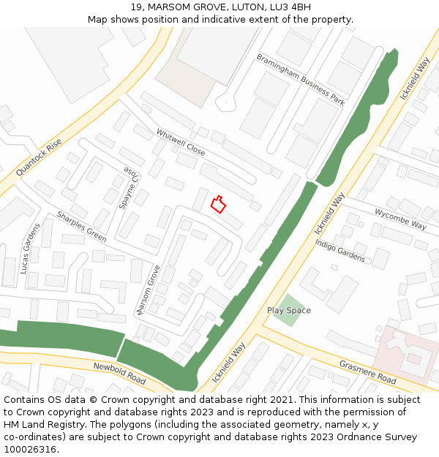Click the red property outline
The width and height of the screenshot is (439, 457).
click(217, 204)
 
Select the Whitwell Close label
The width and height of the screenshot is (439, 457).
click(180, 143)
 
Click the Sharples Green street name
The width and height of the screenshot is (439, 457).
click(81, 227)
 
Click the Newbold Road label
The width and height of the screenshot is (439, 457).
click(119, 373)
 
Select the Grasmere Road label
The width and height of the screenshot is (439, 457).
click(367, 372)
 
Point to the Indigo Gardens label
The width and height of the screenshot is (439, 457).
click(340, 250)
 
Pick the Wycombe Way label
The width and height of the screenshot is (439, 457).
click(400, 219)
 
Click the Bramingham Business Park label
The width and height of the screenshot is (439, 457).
click(300, 80)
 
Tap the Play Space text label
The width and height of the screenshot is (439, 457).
click(288, 311)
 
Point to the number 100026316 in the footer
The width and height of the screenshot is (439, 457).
click(31, 449)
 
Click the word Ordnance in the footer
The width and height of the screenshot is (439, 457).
click(345, 437)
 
